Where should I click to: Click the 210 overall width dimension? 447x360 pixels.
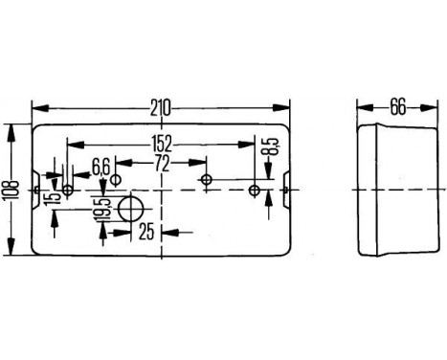[x=161, y=107]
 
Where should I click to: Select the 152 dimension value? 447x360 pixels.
[x=160, y=145]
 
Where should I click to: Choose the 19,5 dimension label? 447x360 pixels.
[x=101, y=210]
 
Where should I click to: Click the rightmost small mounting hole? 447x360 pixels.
[x=254, y=191]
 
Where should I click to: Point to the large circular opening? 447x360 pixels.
[x=130, y=208]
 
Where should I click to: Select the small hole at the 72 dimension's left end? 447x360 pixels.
[x=116, y=179]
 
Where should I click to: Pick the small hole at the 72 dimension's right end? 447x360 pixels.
[x=206, y=179]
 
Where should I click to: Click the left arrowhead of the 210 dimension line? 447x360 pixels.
[x=36, y=107]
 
